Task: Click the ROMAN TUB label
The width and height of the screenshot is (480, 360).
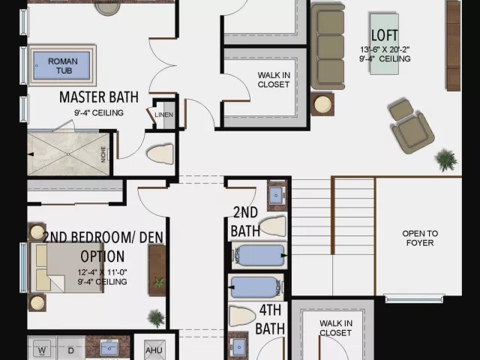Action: (63, 66)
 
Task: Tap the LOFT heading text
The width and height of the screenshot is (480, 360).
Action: (385, 35)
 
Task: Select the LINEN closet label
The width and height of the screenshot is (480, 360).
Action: (163, 115)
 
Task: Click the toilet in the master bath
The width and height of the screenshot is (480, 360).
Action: (160, 154)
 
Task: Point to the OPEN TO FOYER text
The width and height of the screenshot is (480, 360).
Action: (420, 238)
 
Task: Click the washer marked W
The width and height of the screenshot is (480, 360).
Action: (42, 349)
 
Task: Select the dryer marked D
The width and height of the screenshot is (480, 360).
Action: (70, 349)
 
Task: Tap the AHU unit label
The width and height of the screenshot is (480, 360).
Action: (154, 350)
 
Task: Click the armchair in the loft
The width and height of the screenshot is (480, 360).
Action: (411, 126)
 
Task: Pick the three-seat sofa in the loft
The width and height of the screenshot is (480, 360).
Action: (328, 46)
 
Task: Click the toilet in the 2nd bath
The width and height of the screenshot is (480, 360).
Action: (272, 226)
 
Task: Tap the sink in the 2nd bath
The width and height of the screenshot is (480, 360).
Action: (277, 195)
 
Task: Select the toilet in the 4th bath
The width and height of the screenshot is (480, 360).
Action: (242, 316)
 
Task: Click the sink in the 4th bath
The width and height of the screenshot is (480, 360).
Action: (238, 347)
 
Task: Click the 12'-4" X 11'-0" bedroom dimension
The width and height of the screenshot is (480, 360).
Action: (102, 272)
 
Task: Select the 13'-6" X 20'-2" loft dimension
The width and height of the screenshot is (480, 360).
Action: (385, 49)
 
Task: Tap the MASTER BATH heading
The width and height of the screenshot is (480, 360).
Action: (99, 97)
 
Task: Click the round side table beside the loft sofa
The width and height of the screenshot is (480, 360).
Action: (323, 104)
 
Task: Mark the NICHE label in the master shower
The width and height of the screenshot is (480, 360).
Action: (103, 154)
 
